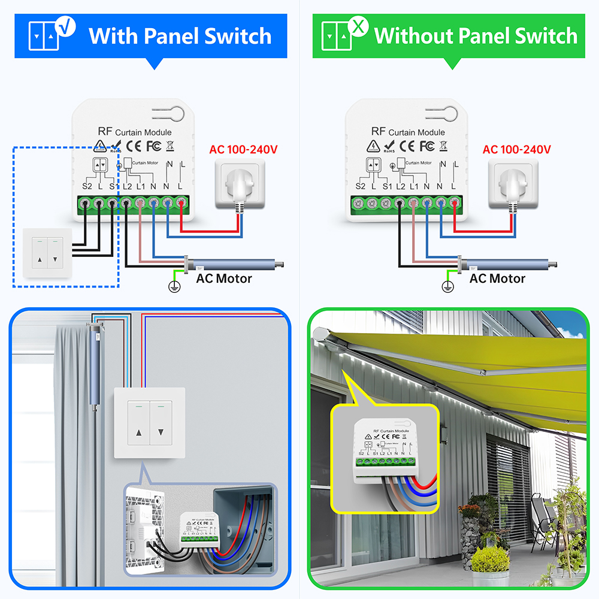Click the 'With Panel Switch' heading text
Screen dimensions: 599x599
coord(180,36)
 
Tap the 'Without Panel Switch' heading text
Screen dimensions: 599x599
coord(476,36)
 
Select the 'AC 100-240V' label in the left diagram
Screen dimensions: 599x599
coord(244,149)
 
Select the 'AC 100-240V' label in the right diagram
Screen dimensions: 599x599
coord(517,149)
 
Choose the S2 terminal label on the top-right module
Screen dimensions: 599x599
coord(360,187)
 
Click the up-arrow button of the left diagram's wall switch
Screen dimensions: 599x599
coord(40,260)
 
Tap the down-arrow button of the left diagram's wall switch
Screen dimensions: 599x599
coord(55,260)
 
